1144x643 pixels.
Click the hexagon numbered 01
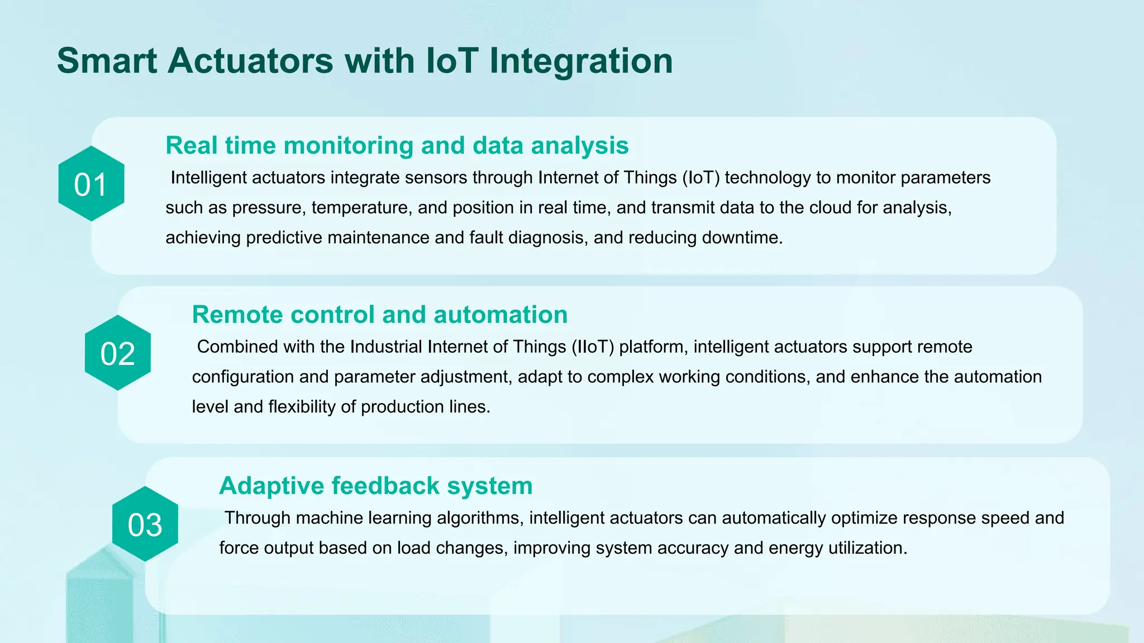click(x=91, y=184)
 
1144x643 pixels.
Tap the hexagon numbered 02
click(x=117, y=353)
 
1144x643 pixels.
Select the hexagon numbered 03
click(x=145, y=524)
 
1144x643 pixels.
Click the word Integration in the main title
click(x=580, y=61)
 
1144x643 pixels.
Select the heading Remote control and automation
click(x=379, y=315)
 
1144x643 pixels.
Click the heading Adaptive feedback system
click(x=375, y=486)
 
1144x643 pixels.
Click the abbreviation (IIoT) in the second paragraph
click(x=592, y=347)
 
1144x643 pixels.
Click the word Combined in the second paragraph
click(x=237, y=347)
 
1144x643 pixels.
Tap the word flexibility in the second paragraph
click(x=302, y=407)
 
